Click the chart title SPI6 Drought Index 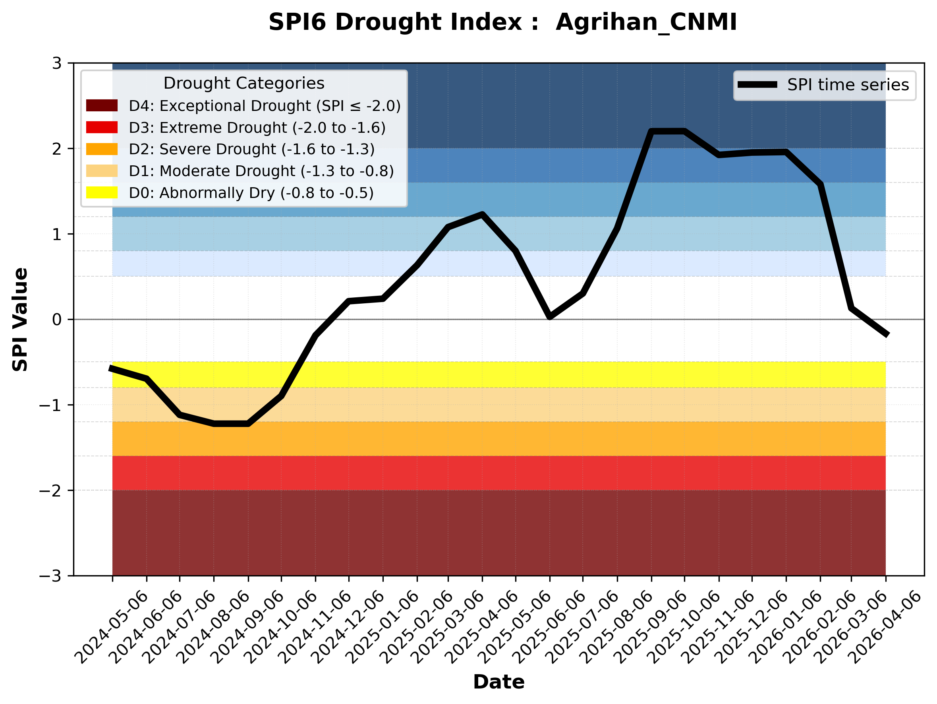click(502, 22)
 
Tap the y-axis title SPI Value click(20, 319)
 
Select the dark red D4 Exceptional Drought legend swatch click(102, 105)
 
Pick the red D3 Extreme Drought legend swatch click(102, 127)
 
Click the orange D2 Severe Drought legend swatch click(102, 149)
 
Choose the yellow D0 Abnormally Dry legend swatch click(102, 192)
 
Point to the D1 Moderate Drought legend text click(261, 171)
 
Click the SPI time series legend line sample click(757, 85)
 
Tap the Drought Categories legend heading click(243, 83)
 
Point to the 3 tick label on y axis click(57, 63)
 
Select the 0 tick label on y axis click(57, 320)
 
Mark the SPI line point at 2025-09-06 click(651, 132)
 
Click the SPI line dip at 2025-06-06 click(550, 316)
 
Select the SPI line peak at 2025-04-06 click(482, 215)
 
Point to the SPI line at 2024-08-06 click(214, 423)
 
